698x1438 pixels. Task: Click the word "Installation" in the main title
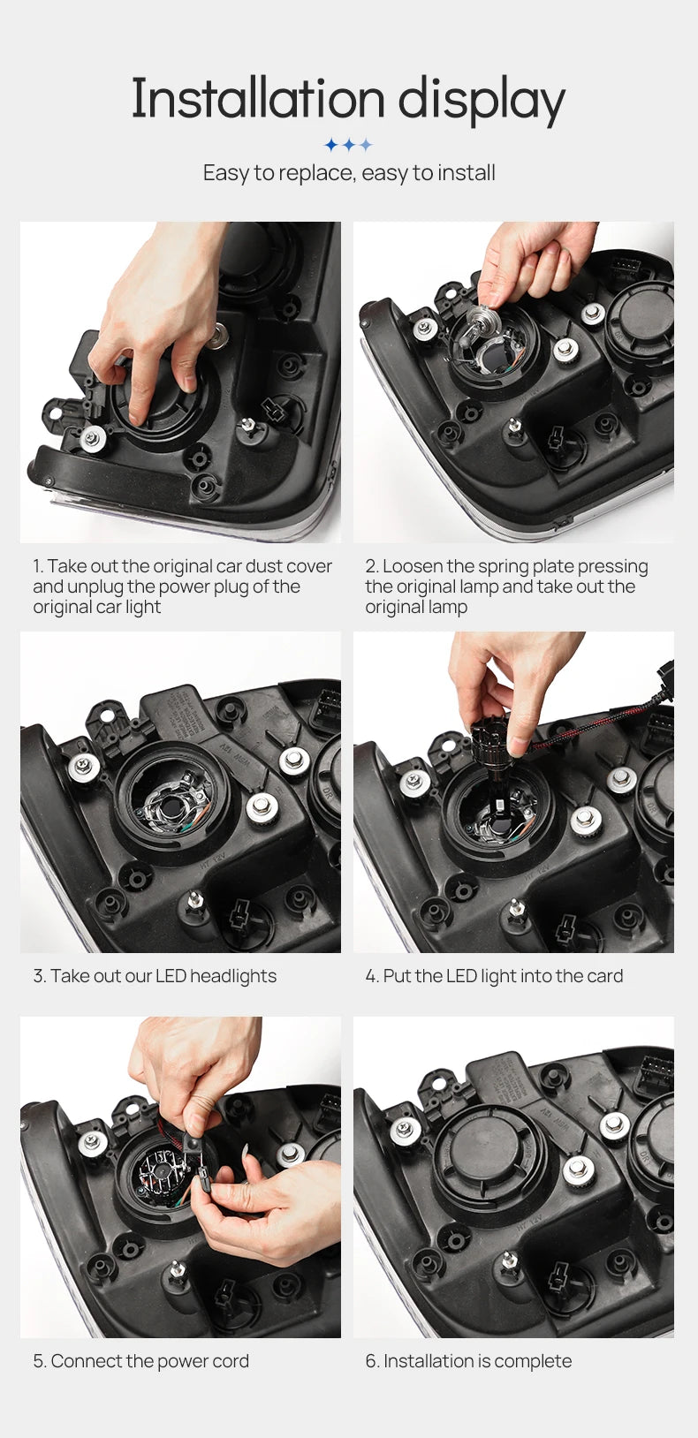(257, 98)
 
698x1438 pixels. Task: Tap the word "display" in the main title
(482, 102)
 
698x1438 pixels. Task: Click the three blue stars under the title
(349, 145)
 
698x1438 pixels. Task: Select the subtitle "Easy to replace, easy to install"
(349, 173)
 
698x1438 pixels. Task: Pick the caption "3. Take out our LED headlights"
(155, 976)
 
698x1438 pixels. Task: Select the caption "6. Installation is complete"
(468, 1361)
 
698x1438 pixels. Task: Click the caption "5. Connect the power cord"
(140, 1361)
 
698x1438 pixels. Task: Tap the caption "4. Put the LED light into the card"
(494, 976)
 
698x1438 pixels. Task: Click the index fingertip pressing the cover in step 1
(137, 416)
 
